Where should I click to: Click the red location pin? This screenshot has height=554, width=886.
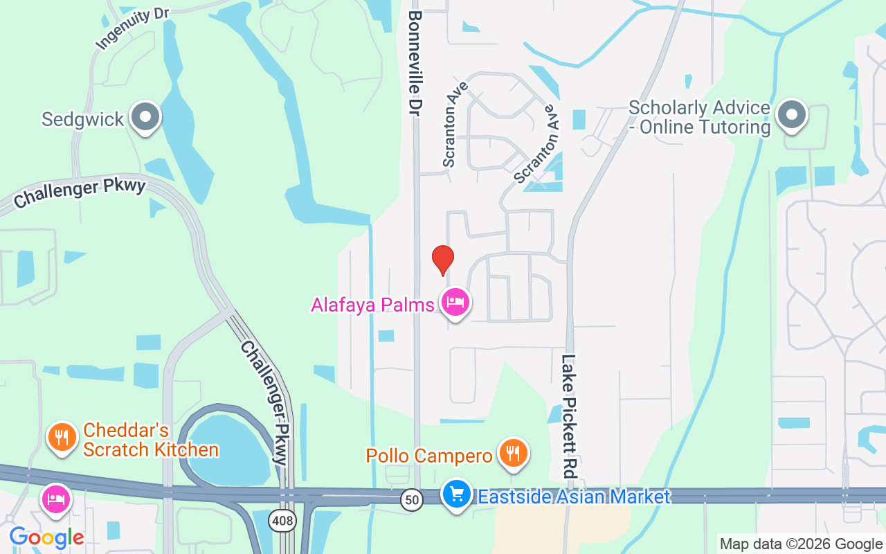click(443, 260)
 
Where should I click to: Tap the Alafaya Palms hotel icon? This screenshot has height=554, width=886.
click(455, 302)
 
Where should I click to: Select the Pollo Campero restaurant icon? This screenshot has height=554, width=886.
click(512, 454)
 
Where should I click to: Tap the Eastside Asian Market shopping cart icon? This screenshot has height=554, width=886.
click(457, 495)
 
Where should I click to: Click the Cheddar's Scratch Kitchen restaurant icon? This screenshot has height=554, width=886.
click(62, 438)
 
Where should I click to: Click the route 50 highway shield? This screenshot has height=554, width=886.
click(412, 499)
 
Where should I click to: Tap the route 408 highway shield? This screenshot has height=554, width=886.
click(282, 521)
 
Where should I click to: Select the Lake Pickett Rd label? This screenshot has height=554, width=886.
click(569, 417)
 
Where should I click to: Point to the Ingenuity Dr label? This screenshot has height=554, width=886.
click(132, 30)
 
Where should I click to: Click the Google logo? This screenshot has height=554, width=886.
click(46, 537)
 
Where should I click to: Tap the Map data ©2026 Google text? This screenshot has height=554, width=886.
click(801, 544)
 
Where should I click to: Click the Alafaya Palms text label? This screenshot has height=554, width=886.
click(372, 305)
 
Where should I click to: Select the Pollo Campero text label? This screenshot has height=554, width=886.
click(429, 456)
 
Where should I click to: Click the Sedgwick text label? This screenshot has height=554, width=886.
click(82, 119)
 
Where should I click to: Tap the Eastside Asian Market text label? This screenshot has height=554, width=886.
click(574, 497)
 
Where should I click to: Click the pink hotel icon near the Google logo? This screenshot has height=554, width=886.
click(55, 499)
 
